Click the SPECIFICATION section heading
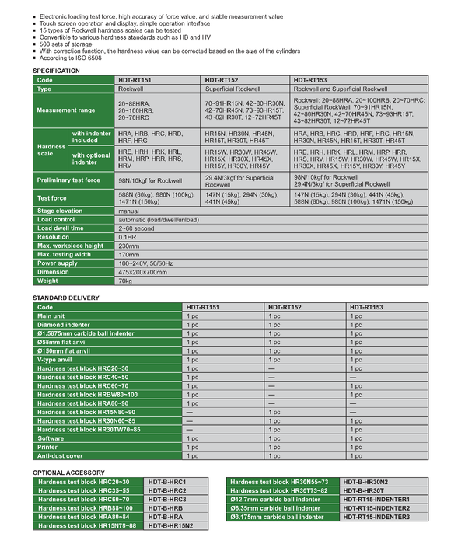(56, 71)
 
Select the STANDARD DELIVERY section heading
(65, 298)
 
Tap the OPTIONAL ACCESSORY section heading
(68, 473)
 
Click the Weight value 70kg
(126, 280)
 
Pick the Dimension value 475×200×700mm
(144, 271)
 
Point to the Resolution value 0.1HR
(128, 237)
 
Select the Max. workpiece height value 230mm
(129, 246)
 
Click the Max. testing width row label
(65, 254)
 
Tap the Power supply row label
(58, 263)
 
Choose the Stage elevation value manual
(128, 211)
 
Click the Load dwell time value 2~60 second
(136, 228)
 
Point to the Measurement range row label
(66, 110)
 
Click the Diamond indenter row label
(65, 326)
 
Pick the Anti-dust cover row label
(61, 455)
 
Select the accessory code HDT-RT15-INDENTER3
(376, 517)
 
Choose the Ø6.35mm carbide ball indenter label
(277, 507)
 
